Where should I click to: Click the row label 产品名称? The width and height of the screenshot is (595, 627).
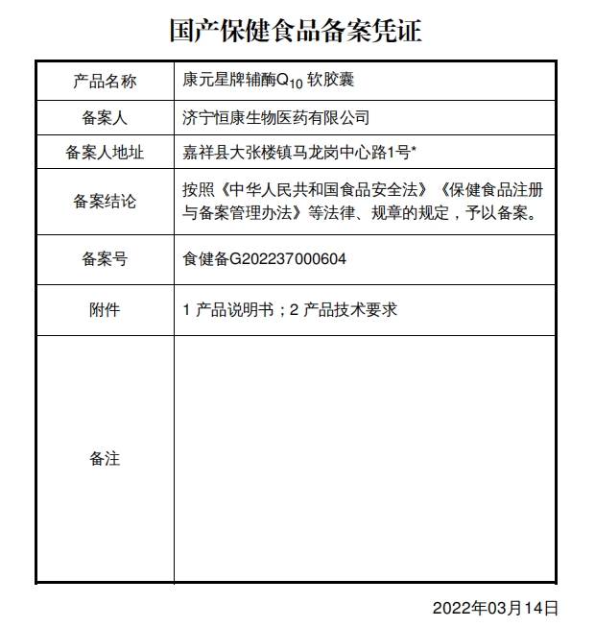click(105, 81)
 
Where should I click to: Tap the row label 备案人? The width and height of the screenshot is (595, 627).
click(105, 118)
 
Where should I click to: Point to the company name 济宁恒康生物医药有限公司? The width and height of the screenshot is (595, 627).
click(275, 118)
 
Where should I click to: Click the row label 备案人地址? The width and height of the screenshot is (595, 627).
click(105, 152)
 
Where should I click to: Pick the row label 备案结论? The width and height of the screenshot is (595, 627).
click(105, 202)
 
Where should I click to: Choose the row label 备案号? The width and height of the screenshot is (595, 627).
click(105, 258)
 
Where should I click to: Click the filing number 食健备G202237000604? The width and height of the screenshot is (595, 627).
click(264, 258)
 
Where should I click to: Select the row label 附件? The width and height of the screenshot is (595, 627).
click(105, 309)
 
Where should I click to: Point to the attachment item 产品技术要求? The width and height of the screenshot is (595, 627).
click(349, 309)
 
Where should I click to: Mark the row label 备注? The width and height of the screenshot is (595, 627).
click(105, 458)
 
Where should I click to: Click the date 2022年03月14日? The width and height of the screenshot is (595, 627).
click(495, 608)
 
